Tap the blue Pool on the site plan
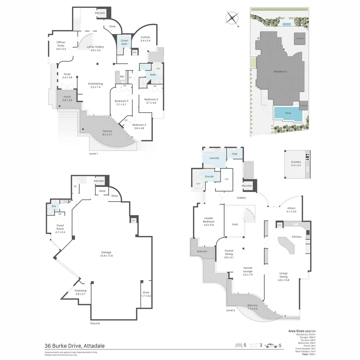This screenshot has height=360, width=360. point(288,113)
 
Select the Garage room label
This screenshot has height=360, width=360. point(106,254)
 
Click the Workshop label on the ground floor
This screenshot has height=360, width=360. point(81,292)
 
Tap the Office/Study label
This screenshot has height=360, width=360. point(61,45)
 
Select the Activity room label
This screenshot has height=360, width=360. point(145,39)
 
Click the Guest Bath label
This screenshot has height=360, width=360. point(124,42)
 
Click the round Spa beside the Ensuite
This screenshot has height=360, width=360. point(198,184)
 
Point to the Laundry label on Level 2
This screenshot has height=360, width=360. point(214,158)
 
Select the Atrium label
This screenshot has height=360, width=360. point(291,210)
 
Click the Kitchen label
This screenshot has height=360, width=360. point(297,237)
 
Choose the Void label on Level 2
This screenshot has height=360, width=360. point(235,224)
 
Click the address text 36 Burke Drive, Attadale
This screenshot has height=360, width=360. point(75,346)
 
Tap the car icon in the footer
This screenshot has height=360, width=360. point(272,346)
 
